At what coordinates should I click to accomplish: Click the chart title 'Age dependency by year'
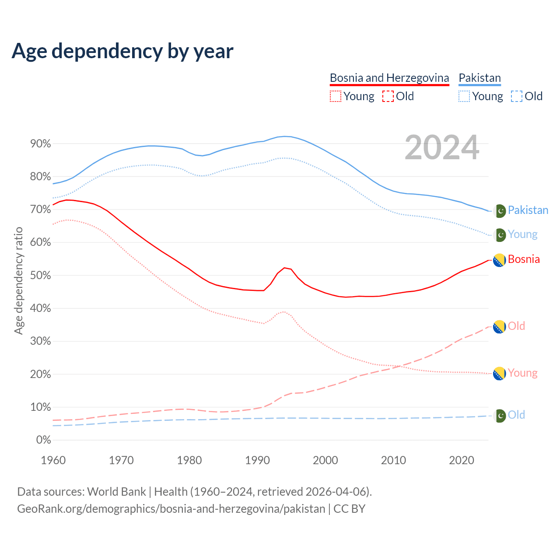[122, 51]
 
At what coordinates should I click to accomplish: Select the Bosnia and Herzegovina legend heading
[389, 78]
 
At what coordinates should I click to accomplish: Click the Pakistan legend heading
[479, 78]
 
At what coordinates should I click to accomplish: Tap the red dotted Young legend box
[335, 96]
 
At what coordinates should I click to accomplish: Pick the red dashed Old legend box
[388, 96]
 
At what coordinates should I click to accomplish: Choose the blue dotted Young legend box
[464, 96]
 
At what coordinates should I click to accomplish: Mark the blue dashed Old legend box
[516, 96]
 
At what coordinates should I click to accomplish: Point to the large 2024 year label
[442, 148]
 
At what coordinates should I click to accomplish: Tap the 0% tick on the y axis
[43, 440]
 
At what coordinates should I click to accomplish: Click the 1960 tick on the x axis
[53, 460]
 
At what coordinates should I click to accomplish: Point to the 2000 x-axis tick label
[325, 460]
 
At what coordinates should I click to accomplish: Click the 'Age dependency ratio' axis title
[18, 280]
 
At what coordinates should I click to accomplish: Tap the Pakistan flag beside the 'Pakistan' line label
[500, 211]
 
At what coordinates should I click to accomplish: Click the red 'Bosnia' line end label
[524, 259]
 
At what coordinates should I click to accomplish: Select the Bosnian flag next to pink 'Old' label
[500, 326]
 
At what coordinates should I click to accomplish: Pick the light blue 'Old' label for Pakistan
[516, 415]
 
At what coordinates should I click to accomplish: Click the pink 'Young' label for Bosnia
[522, 373]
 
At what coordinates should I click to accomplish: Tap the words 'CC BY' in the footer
[349, 509]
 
